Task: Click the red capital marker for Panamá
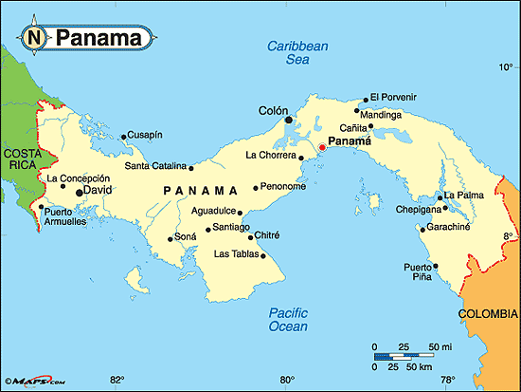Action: click(321, 148)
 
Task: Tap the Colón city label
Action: click(272, 111)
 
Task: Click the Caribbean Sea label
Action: click(297, 51)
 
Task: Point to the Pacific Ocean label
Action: click(288, 320)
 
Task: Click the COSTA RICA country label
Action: click(19, 159)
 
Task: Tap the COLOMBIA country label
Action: click(488, 313)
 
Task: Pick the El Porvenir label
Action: click(393, 97)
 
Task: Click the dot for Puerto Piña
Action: click(436, 266)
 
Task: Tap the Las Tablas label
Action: click(234, 253)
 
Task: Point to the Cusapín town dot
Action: click(123, 137)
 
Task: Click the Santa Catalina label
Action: click(155, 167)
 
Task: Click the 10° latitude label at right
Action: click(505, 66)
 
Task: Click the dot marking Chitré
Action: click(251, 237)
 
